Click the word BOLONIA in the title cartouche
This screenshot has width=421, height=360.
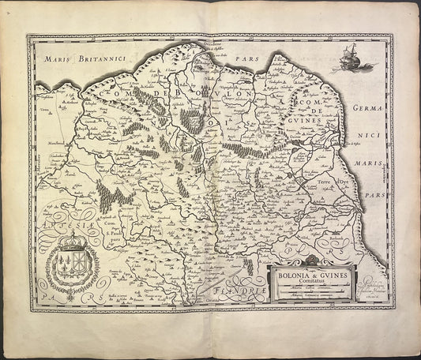[x=291, y=274]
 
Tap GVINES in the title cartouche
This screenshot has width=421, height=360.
[x=332, y=274]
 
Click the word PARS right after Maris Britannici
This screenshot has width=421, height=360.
[x=242, y=59]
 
